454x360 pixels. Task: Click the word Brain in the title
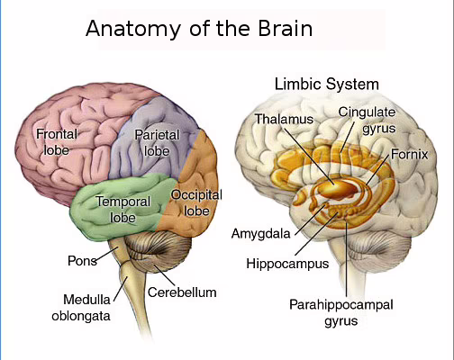pos(286,28)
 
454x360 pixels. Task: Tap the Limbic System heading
pos(327,84)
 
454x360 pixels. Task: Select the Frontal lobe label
pos(57,142)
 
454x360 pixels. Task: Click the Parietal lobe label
pos(157,143)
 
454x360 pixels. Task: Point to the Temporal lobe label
pos(123,210)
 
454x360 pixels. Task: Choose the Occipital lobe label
pos(196,203)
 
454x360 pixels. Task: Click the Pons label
pos(82,261)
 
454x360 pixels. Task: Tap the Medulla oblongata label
pos(81,308)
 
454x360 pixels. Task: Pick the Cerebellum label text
pos(182,292)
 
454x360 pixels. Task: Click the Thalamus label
pos(284,119)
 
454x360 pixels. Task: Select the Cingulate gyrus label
pos(367,121)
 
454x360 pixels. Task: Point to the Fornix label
pos(409,155)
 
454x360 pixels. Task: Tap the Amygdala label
pos(261,234)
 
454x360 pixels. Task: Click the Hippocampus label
pos(287,264)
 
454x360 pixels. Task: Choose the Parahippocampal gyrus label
pos(341,312)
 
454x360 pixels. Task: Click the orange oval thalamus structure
pos(339,190)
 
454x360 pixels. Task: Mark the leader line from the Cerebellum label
pos(164,275)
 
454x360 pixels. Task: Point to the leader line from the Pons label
pos(107,256)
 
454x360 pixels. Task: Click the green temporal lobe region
pos(120,207)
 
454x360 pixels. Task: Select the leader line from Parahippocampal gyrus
pos(346,258)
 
